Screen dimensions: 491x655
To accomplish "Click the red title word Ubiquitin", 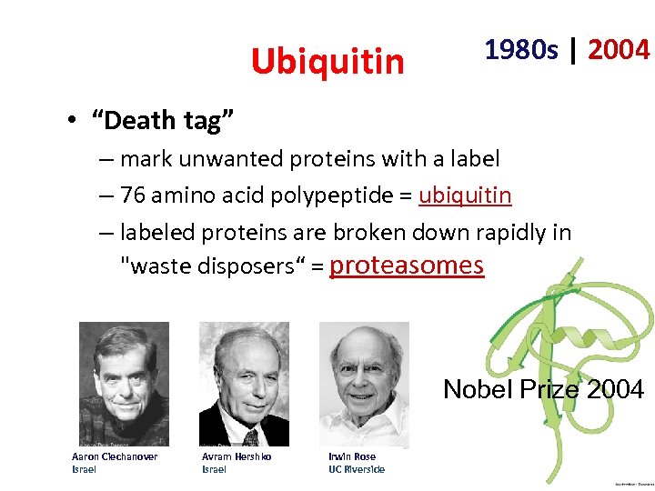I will click(x=327, y=62).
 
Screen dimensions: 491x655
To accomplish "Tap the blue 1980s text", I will click(x=521, y=50).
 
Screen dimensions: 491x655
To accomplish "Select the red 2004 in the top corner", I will click(x=619, y=50).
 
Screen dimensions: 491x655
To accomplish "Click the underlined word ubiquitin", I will click(x=465, y=195).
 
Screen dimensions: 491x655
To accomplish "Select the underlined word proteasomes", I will click(x=406, y=265).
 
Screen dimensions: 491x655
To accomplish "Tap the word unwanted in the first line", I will click(x=234, y=159).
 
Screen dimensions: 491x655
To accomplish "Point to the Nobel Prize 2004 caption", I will click(x=543, y=390).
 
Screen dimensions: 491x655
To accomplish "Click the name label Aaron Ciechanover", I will click(x=115, y=456).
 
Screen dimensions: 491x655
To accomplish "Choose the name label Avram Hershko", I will click(x=237, y=456).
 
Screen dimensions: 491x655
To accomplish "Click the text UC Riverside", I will click(x=357, y=469).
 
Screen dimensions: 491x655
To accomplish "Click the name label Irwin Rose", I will click(x=352, y=456).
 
